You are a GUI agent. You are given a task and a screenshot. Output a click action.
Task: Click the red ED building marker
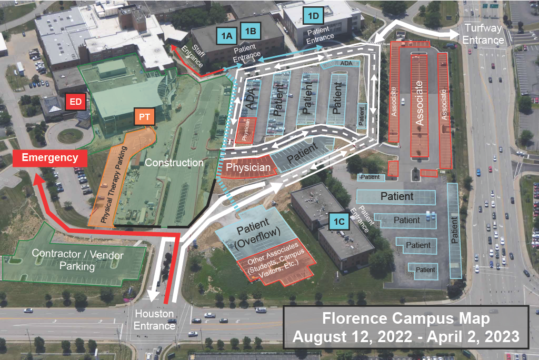pyautogui.click(x=76, y=102)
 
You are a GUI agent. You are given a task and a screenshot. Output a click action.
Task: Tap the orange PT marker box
pyautogui.click(x=145, y=117)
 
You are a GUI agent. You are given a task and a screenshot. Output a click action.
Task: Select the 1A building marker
pyautogui.click(x=226, y=36)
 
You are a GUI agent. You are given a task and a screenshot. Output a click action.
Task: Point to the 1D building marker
pyautogui.click(x=313, y=15)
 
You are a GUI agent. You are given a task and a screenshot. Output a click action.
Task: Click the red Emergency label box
pyautogui.click(x=50, y=157)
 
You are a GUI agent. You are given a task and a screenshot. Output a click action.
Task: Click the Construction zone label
pyautogui.click(x=174, y=163)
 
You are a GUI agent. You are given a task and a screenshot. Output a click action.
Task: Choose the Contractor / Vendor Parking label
pyautogui.click(x=78, y=261)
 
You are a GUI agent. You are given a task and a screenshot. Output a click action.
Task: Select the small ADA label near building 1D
pyautogui.click(x=346, y=63)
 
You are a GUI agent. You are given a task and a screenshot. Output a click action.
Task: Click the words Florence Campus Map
pyautogui.click(x=406, y=318)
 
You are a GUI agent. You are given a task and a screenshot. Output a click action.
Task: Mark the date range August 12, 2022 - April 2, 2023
pyautogui.click(x=406, y=337)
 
